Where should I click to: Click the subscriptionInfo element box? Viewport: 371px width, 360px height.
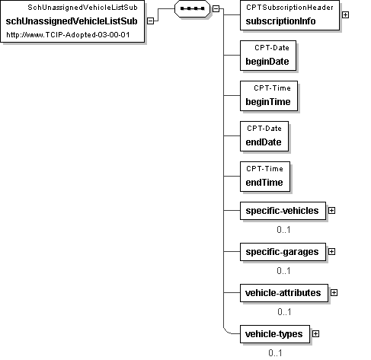tap(289, 15)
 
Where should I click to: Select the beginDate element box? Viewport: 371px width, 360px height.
tap(268, 56)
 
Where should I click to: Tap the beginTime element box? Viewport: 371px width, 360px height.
tap(269, 96)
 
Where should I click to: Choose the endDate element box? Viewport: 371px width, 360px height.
tap(264, 136)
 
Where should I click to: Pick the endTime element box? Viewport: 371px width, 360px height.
tap(265, 177)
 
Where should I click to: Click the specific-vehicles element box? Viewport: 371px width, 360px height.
tap(283, 211)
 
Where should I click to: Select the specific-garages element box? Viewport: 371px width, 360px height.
tap(283, 252)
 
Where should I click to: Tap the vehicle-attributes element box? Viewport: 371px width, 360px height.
tap(284, 293)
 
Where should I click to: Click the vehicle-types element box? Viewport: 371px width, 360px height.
tap(275, 334)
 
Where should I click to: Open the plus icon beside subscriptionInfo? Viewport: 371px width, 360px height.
tap(345, 15)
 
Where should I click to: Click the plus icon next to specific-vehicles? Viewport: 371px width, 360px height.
tap(331, 211)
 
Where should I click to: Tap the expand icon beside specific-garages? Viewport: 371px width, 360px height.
tap(331, 252)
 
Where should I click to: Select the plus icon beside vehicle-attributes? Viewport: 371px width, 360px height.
tap(334, 293)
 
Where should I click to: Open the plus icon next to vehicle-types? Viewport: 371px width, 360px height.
tap(315, 334)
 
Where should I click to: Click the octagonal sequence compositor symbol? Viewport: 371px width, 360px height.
tap(192, 8)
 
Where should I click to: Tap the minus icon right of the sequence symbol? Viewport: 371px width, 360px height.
tap(216, 9)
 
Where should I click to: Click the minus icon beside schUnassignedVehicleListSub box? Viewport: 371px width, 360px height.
tap(151, 21)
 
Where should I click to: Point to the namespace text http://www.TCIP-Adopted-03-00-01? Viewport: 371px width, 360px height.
tap(68, 35)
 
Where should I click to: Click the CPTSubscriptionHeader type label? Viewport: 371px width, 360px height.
tap(289, 8)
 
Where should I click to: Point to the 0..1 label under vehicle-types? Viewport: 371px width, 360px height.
tap(275, 353)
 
